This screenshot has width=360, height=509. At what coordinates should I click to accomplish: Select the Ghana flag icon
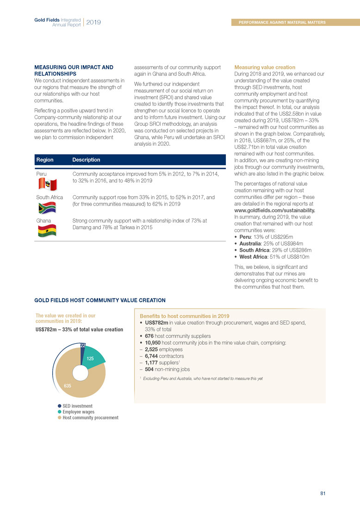tap(46, 229)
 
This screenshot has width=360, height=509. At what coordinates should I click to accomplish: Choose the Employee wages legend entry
tap(79, 412)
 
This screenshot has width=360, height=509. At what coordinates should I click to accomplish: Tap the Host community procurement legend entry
tap(88, 418)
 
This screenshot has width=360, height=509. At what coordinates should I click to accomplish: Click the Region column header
tap(44, 160)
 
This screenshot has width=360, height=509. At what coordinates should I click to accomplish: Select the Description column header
tap(86, 160)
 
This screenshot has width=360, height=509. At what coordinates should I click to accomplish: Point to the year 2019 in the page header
tap(93, 22)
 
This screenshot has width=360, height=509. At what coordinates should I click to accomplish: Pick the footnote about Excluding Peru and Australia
tap(201, 379)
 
